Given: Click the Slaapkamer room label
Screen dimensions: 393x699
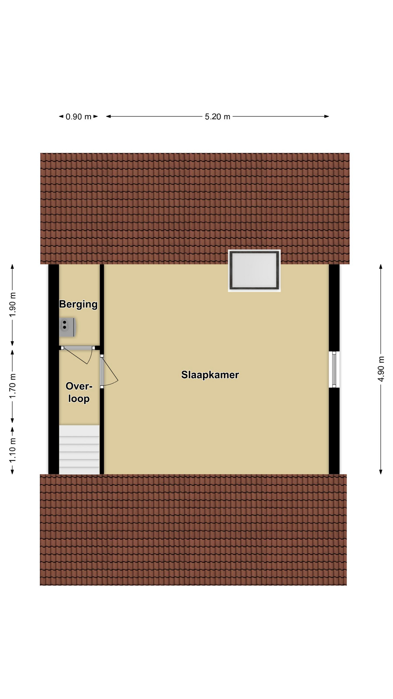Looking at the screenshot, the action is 210,375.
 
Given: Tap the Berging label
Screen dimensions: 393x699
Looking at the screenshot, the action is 78,304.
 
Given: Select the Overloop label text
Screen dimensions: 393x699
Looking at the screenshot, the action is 79,392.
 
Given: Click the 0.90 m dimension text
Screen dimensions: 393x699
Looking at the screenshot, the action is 78,117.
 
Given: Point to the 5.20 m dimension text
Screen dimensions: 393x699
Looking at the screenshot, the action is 218,116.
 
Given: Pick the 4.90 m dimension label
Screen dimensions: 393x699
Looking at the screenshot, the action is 381,369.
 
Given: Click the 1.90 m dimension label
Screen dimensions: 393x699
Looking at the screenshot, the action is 12,305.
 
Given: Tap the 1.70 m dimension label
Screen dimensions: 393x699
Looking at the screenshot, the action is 12,386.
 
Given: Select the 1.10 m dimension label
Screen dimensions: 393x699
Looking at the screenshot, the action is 12,450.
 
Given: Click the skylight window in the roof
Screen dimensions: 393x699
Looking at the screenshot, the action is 254,270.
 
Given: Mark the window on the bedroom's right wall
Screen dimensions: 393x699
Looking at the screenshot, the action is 334,369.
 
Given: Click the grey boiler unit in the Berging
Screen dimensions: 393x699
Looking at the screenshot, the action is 67,327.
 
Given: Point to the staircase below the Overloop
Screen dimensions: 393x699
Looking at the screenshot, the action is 79,450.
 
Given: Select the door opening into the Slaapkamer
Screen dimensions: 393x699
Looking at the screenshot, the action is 108,371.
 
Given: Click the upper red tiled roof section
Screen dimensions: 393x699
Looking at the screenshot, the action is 195,208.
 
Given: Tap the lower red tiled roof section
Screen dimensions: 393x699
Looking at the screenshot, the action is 193,530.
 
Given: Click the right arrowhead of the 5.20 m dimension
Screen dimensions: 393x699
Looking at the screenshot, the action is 327,116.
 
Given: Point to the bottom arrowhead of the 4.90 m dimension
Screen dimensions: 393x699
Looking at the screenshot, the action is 381,472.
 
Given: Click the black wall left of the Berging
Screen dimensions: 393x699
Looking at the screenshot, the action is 53,369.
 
